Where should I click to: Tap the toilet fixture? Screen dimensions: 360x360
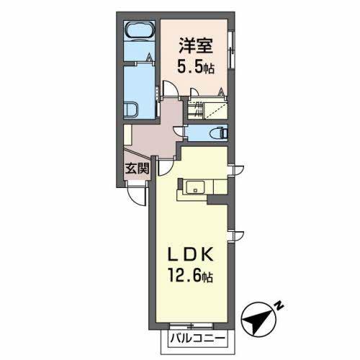pyautogui.click(x=218, y=133)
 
